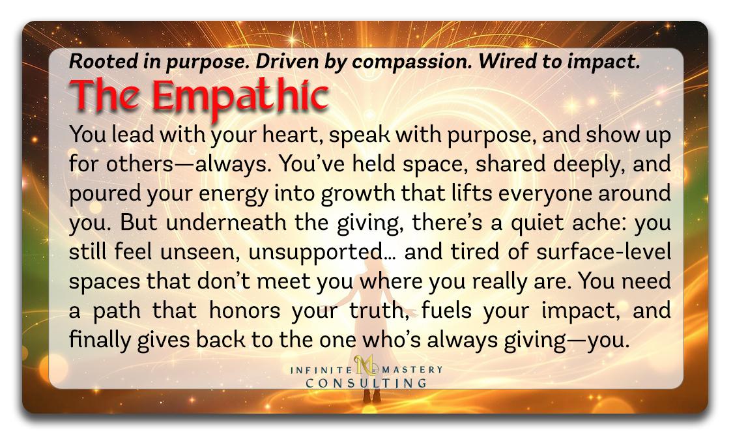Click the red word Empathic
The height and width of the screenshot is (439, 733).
(x=240, y=97)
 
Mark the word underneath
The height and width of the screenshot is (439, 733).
(x=227, y=223)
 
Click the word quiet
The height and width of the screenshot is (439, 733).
(x=536, y=223)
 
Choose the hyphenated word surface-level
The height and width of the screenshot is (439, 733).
(x=603, y=252)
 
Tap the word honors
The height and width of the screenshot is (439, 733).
(x=244, y=311)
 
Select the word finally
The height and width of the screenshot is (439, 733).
(x=100, y=341)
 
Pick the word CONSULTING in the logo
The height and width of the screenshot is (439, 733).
(x=366, y=384)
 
